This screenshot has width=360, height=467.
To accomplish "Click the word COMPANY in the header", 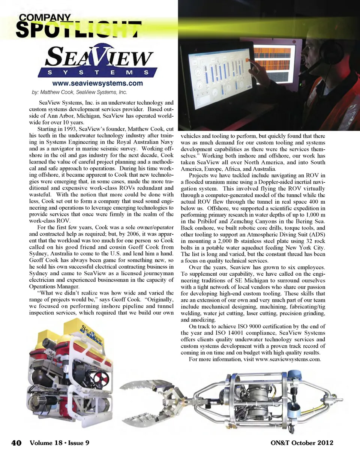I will (45, 17).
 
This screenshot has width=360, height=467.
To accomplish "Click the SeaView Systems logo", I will (98, 62).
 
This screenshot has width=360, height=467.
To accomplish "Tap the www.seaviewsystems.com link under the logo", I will (97, 83).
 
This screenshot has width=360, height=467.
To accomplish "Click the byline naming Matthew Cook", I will (79, 92).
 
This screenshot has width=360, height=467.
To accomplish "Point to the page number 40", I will (16, 443).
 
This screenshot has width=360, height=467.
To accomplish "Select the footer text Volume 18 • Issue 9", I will (59, 443).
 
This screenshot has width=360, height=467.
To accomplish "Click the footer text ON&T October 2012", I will (301, 443).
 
